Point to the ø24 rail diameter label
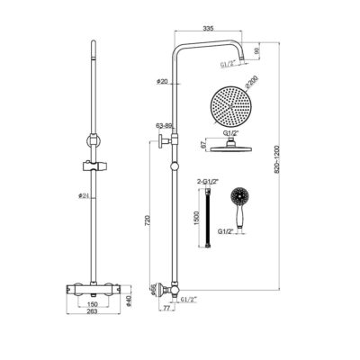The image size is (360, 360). [x=81, y=195]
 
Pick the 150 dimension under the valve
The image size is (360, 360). [x=92, y=305]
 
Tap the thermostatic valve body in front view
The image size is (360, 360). [x=92, y=288]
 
